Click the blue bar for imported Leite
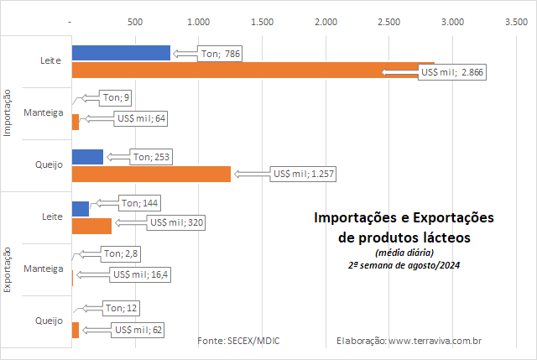pyautogui.click(x=121, y=53)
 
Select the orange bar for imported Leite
pyautogui.click(x=252, y=70)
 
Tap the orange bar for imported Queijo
pyautogui.click(x=151, y=174)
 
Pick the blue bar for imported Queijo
pyautogui.click(x=87, y=157)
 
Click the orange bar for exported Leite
pyautogui.click(x=91, y=226)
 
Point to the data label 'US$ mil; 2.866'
pyautogui.click(x=452, y=73)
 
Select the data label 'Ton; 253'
pyautogui.click(x=151, y=157)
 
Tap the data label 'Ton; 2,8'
pyautogui.click(x=120, y=253)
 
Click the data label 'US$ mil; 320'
pyautogui.click(x=176, y=222)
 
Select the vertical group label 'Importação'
pyautogui.click(x=8, y=113)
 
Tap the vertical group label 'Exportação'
pyautogui.click(x=8, y=269)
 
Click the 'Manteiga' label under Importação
pyautogui.click(x=44, y=112)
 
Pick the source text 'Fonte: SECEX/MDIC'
pyautogui.click(x=238, y=342)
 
